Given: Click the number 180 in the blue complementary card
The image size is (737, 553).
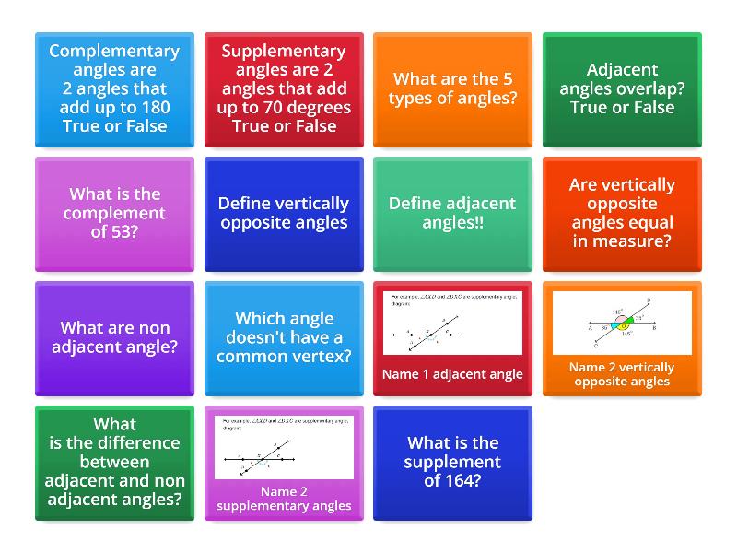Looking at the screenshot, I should (151, 107).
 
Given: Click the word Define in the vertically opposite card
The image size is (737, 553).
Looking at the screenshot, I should (244, 204).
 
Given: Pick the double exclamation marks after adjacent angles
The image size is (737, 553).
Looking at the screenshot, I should (478, 222).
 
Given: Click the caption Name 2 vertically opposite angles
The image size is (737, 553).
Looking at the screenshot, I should (622, 374).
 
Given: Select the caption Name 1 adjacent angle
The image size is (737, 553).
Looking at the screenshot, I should (452, 374).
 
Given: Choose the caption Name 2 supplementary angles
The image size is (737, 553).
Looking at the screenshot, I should (284, 499).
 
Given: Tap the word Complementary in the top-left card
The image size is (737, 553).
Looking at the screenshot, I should (114, 52).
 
